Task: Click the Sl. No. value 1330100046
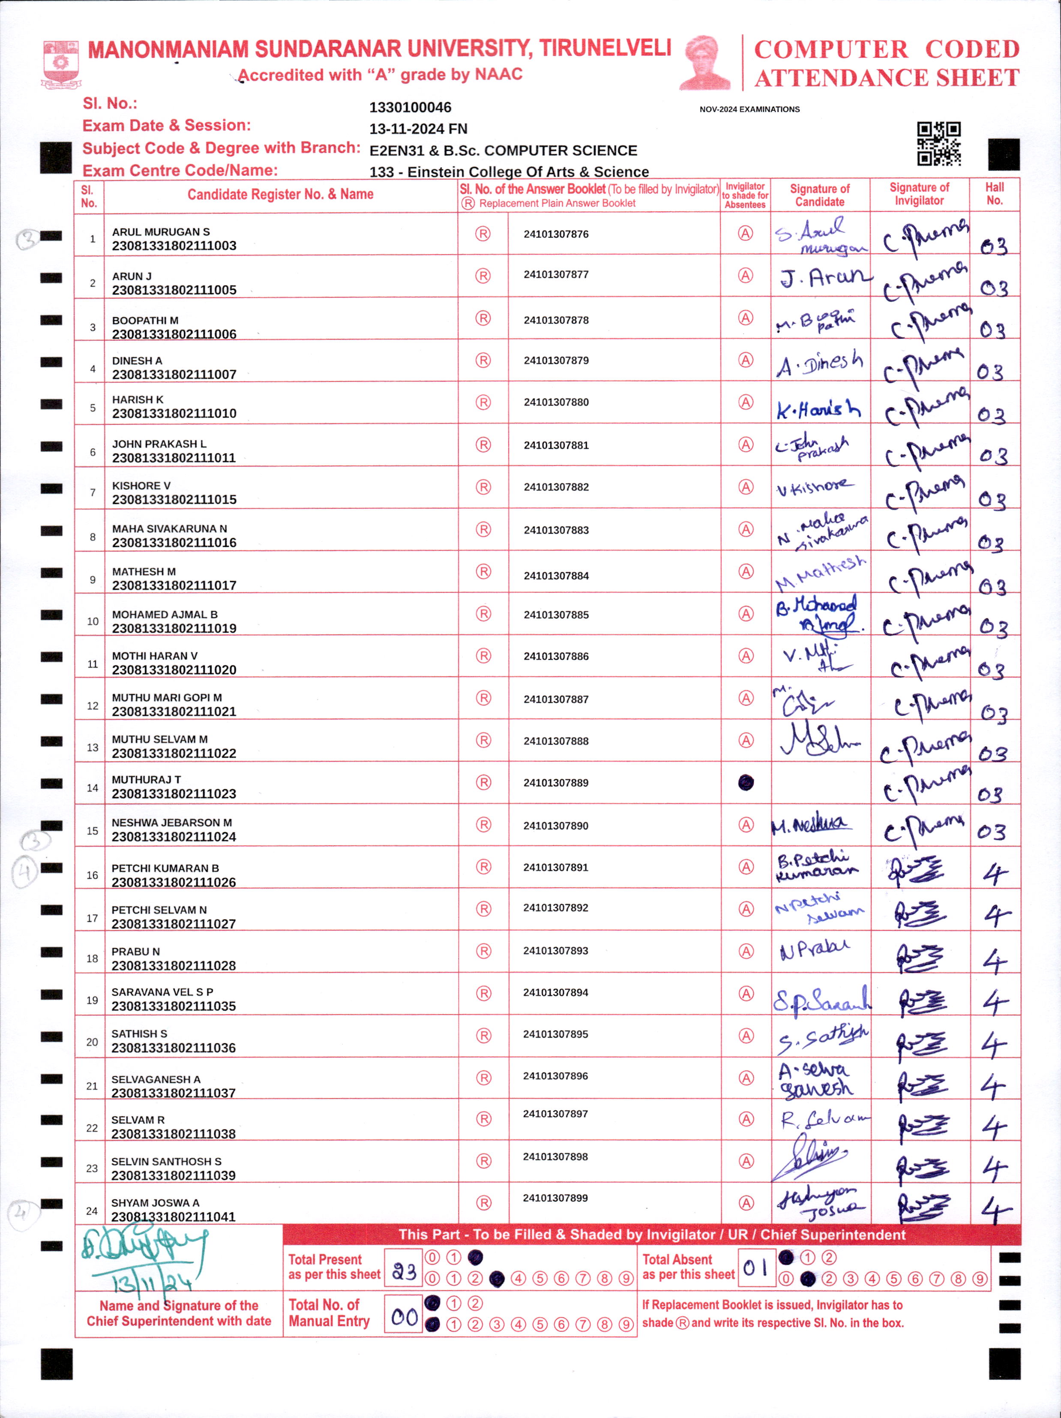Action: pyautogui.click(x=410, y=108)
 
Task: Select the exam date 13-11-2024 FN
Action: pyautogui.click(x=418, y=129)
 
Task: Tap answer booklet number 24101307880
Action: pyautogui.click(x=555, y=403)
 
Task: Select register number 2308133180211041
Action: pyautogui.click(x=173, y=1217)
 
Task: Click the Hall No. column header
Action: pyautogui.click(x=995, y=194)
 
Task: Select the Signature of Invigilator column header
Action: pyautogui.click(x=919, y=194)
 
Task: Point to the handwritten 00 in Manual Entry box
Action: pyautogui.click(x=404, y=1317)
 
